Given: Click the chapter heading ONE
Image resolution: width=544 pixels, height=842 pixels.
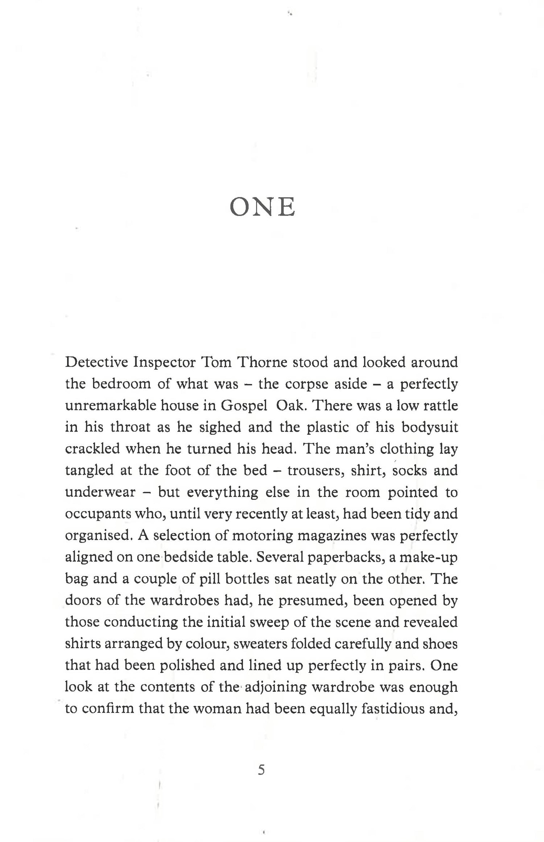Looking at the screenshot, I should coord(263,208).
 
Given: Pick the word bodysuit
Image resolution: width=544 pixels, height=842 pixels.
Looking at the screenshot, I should coord(429,427).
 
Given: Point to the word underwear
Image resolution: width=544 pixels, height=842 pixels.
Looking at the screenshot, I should coord(100,492).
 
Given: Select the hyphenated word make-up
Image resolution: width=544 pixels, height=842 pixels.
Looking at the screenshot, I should coord(428,557).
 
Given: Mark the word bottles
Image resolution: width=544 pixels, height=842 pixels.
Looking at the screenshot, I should coord(247,579).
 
